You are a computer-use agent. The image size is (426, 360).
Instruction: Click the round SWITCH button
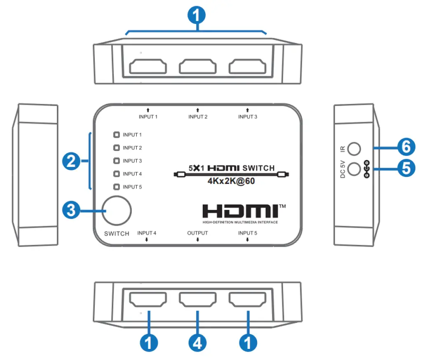[x=117, y=209]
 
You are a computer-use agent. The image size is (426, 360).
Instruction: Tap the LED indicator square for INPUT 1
[x=117, y=134]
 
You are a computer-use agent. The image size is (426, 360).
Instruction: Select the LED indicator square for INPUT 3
[x=117, y=161]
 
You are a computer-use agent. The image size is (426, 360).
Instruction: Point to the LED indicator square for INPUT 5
[x=117, y=187]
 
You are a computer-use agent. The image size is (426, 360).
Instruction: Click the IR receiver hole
[x=355, y=148]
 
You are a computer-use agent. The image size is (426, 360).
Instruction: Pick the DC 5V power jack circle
[x=355, y=169]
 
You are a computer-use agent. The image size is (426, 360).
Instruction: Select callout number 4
[x=198, y=342]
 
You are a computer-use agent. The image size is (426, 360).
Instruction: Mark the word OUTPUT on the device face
[x=197, y=233]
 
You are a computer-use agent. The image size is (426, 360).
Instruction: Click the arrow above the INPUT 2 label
[x=198, y=110]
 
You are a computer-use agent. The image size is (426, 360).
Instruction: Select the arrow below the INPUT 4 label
[x=147, y=240]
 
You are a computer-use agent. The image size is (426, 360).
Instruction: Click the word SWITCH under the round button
[x=117, y=233]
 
